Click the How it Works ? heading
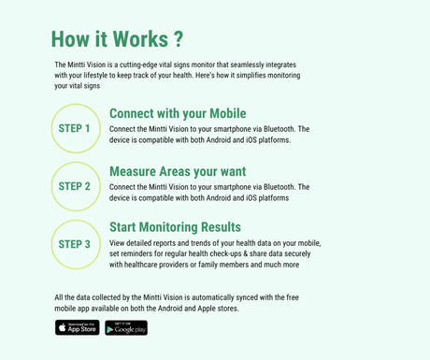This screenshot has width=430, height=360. [117, 39]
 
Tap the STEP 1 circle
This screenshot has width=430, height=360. [75, 128]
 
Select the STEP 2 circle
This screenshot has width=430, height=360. [75, 186]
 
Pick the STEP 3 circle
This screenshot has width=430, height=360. [75, 244]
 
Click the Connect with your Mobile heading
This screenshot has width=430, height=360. [178, 113]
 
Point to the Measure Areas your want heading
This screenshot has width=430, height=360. [178, 171]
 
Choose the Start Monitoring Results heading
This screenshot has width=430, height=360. [175, 227]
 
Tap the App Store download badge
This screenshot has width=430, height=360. [77, 327]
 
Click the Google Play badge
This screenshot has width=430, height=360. [125, 327]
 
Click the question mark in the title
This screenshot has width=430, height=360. [177, 39]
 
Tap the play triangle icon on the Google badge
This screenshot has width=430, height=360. [110, 328]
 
